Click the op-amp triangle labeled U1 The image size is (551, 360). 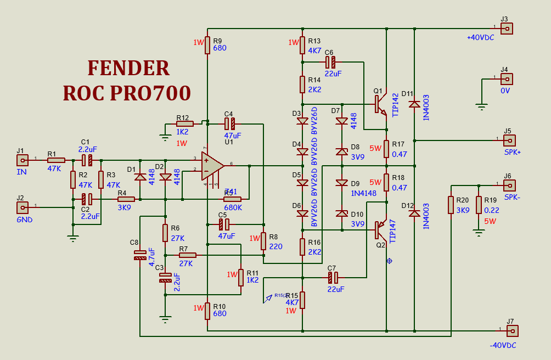pyautogui.click(x=212, y=165)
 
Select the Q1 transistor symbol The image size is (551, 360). pyautogui.click(x=380, y=104)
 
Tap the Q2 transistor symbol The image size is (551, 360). pyautogui.click(x=380, y=230)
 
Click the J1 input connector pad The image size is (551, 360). pyautogui.click(x=23, y=160)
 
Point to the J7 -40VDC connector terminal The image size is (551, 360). pyautogui.click(x=511, y=330)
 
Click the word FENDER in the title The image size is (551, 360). pyautogui.click(x=128, y=68)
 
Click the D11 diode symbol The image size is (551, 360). pyautogui.click(x=414, y=104)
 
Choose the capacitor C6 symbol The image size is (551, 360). pyautogui.click(x=330, y=62)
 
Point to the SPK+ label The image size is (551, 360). pyautogui.click(x=511, y=151)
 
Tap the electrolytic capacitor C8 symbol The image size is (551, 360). pyautogui.click(x=140, y=255)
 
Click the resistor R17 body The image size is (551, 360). pyautogui.click(x=386, y=149)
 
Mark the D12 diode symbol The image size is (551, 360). pyautogui.click(x=414, y=213)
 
